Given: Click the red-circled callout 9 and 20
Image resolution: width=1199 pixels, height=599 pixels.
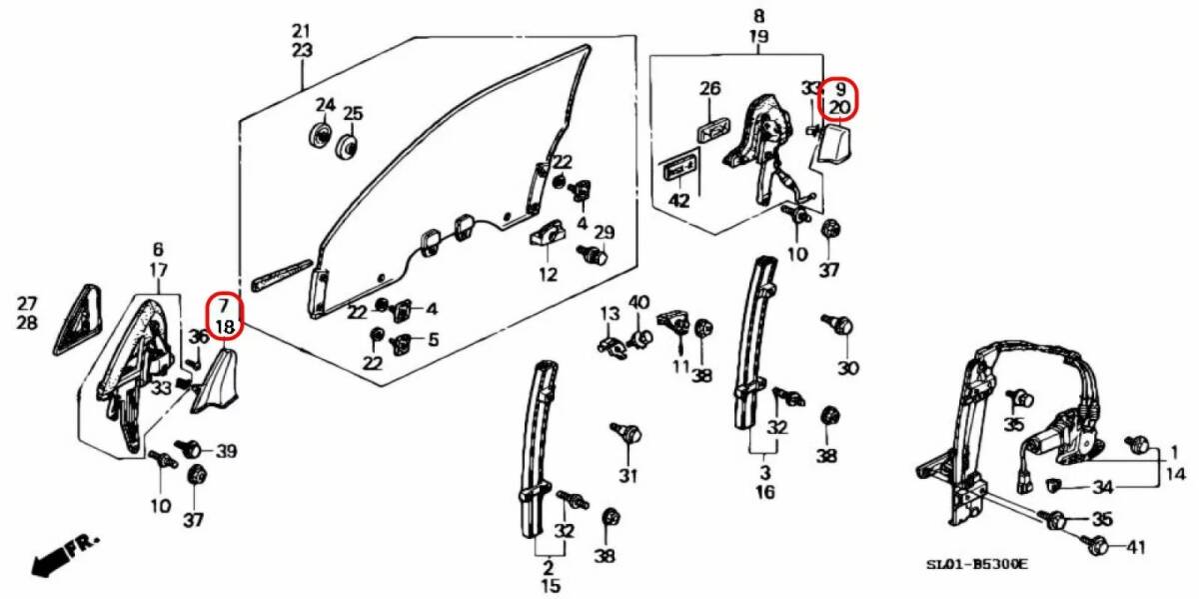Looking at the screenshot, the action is pos(839,97).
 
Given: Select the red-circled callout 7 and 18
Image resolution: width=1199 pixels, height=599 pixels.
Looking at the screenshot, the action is pos(225,315).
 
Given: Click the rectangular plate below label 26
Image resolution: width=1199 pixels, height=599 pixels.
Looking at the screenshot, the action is pos(710,129).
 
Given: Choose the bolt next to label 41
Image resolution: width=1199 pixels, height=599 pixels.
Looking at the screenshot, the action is pos(1095,545).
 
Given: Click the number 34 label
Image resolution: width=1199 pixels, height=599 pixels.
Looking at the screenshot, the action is pos(1102,487).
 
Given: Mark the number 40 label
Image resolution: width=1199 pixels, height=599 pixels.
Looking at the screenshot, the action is pos(638,302).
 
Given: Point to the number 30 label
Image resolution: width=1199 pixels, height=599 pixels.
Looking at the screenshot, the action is pos(847,368).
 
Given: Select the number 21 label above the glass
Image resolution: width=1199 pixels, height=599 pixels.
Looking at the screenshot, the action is pos(302,30).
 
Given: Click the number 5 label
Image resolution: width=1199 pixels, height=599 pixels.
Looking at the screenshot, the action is pos(433,339).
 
